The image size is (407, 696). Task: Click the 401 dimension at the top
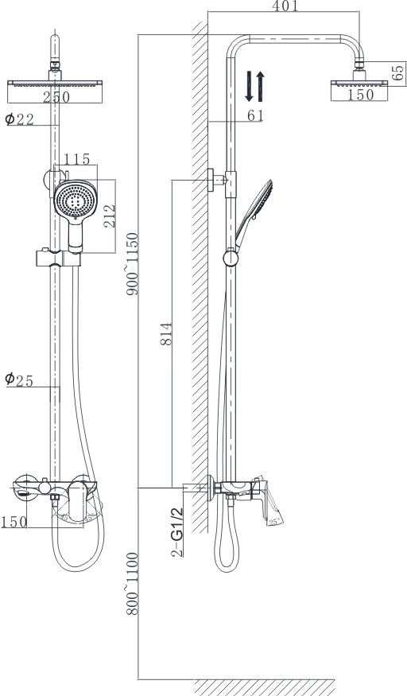pos(285,6)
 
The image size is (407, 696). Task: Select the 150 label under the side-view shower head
pos(360,95)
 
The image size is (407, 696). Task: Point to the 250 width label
pos(56,97)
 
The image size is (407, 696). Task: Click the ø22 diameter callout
pos(20,119)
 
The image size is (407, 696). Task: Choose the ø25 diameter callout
pos(20,380)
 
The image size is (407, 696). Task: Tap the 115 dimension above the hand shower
pos(77,159)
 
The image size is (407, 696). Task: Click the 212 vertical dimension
pos(109,216)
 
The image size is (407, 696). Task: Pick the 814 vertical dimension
pos(166,334)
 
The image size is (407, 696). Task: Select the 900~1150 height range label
pos(132,263)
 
